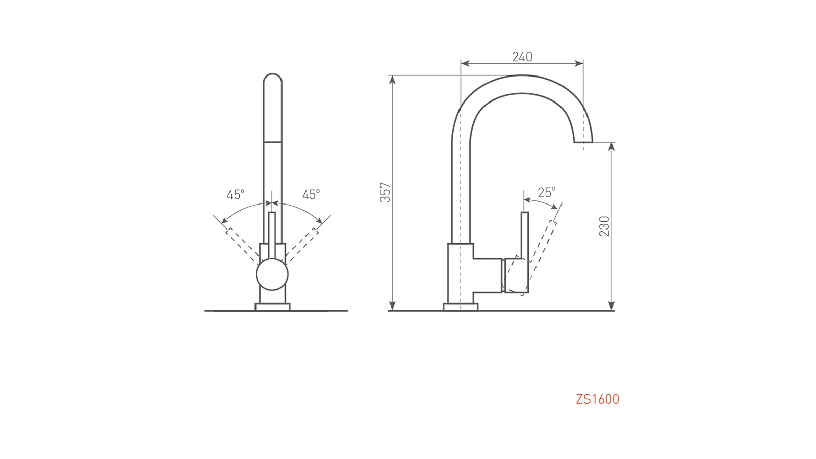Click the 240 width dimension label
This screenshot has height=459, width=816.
pyautogui.click(x=522, y=57)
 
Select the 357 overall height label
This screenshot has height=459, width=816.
pyautogui.click(x=385, y=192)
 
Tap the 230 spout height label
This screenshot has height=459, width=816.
pyautogui.click(x=604, y=226)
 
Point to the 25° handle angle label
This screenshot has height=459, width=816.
pyautogui.click(x=546, y=192)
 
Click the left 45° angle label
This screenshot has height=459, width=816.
pyautogui.click(x=235, y=194)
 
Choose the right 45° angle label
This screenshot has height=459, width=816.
pyautogui.click(x=311, y=194)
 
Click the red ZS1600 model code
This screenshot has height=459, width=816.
pyautogui.click(x=597, y=399)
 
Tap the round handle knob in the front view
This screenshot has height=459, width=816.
pyautogui.click(x=272, y=274)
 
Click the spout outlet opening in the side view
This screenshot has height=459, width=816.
pyautogui.click(x=583, y=142)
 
